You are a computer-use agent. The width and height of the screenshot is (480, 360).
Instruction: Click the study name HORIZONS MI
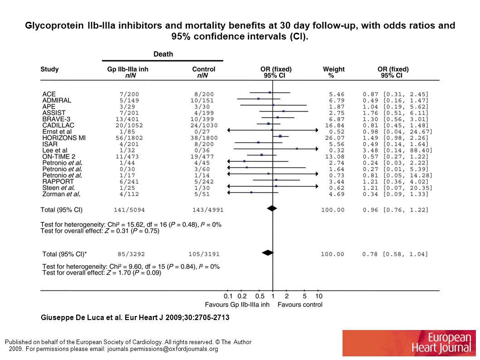click(64, 138)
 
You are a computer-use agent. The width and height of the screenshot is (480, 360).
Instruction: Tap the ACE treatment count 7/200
click(129, 94)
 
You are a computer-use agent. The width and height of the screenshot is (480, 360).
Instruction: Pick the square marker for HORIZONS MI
click(280, 136)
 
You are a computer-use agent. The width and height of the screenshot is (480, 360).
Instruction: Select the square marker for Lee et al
click(297, 148)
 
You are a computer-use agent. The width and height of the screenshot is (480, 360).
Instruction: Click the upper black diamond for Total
click(272, 208)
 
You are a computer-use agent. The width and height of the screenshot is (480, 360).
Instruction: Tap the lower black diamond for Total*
click(268, 253)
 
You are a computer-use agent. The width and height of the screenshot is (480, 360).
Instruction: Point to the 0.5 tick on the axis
click(260, 291)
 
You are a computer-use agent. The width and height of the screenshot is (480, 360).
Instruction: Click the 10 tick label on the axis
click(318, 296)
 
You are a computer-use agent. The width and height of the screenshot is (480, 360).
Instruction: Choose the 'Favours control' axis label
click(300, 305)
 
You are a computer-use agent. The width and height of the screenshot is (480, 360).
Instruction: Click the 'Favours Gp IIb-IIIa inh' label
click(237, 305)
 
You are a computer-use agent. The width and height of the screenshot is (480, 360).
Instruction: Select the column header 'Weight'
click(333, 69)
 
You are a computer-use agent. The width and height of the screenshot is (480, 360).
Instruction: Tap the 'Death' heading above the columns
click(163, 54)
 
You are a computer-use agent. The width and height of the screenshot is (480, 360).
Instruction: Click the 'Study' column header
click(49, 69)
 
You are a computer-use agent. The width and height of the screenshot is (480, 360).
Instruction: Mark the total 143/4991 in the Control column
click(208, 210)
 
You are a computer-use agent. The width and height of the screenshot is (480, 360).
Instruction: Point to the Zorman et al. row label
click(61, 194)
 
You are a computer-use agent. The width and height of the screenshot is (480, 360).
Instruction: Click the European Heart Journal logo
click(409, 343)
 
